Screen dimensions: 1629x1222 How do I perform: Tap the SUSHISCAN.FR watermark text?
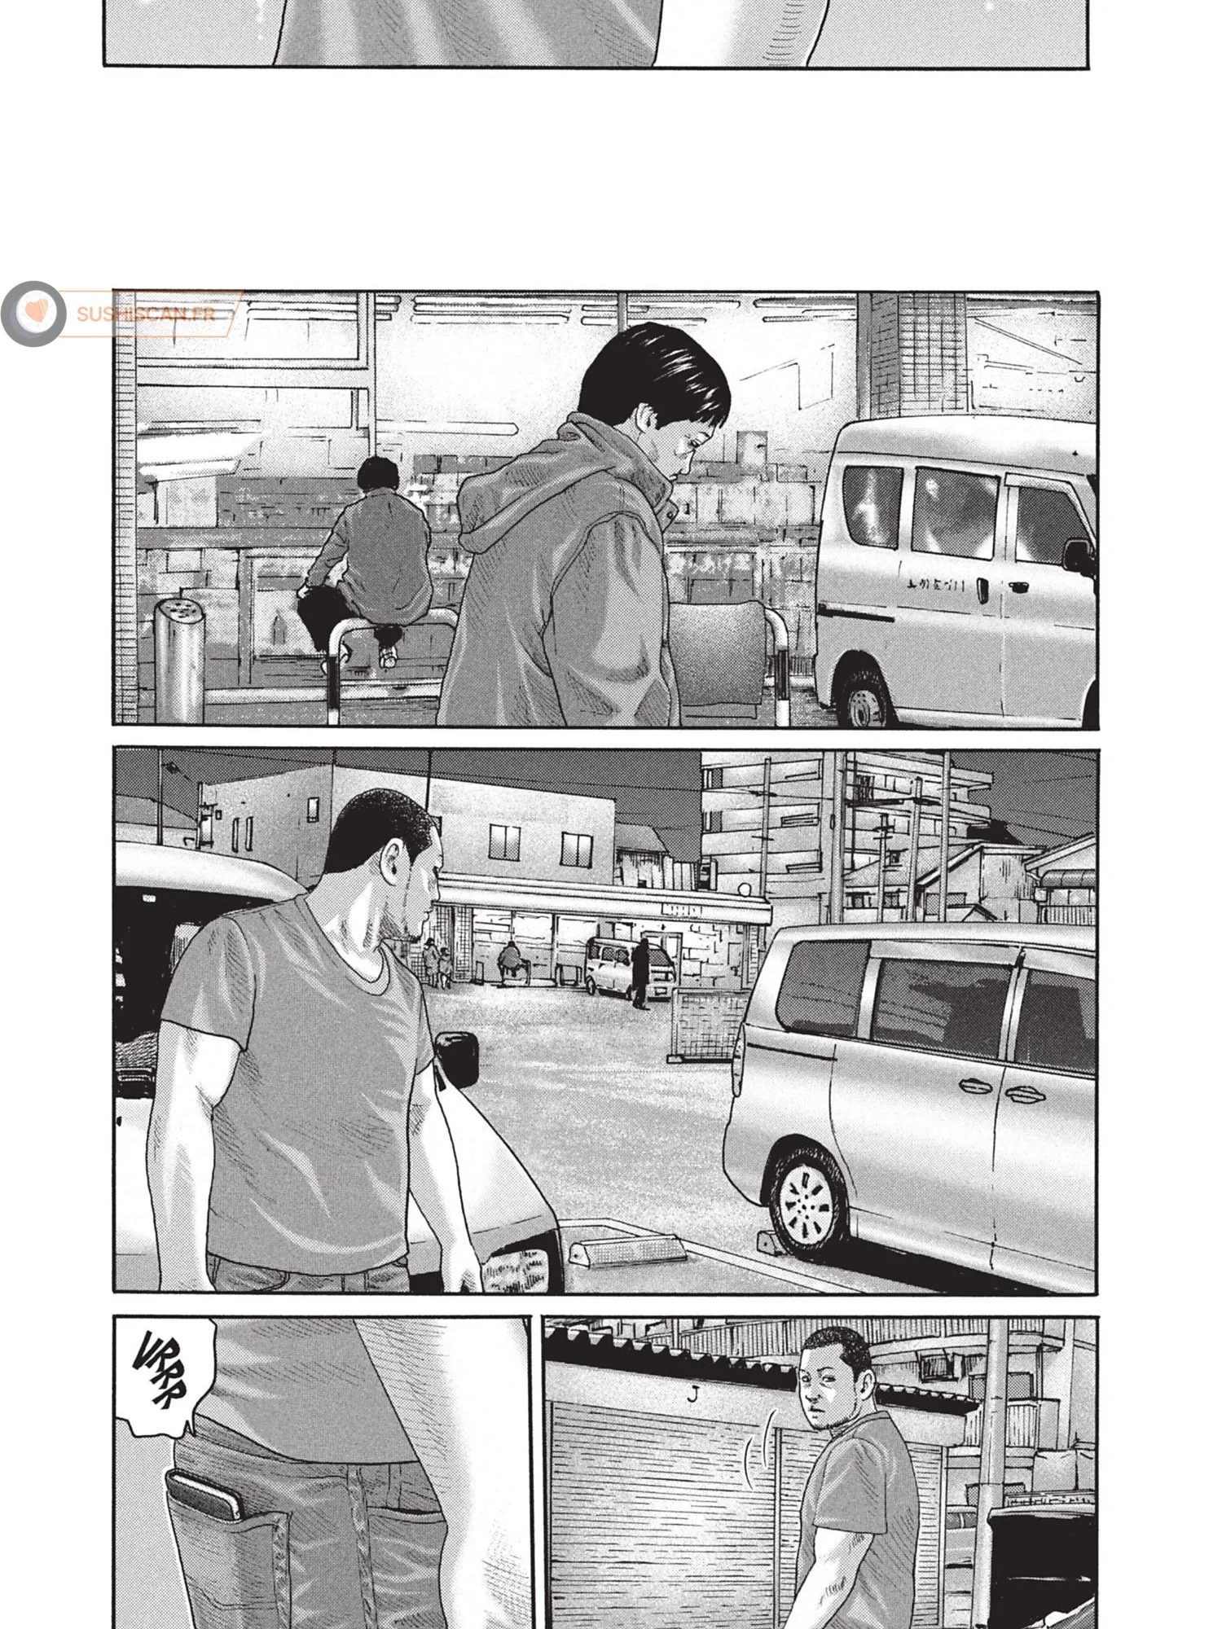pos(147,313)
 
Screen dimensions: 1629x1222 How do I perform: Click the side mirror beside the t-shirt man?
pos(456,1059)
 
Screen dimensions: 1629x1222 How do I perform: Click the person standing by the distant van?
pos(643,973)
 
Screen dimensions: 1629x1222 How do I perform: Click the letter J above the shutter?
pos(693,1394)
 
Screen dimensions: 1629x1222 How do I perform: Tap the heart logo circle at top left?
pos(34,313)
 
